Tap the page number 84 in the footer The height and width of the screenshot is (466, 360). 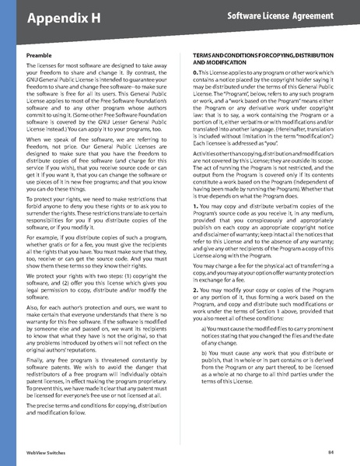[x=330, y=451]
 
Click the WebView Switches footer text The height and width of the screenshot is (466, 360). [x=44, y=451]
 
